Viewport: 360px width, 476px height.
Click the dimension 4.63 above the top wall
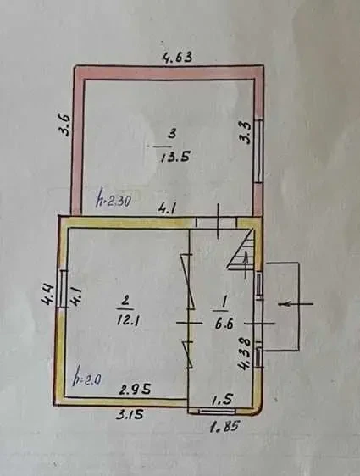pos(178,57)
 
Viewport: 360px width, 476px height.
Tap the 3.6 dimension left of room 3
pos(64,125)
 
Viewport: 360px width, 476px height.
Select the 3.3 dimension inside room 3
pos(245,132)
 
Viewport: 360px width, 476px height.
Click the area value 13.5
pos(175,157)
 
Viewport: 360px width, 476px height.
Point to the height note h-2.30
pos(114,199)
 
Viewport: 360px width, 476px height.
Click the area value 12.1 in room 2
pos(129,320)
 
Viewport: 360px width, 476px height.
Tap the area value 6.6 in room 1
pos(224,324)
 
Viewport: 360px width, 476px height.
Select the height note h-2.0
pos(86,379)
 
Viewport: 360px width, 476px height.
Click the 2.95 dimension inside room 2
pos(135,390)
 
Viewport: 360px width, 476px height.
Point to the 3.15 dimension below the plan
pos(129,414)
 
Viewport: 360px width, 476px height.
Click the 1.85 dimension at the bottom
pos(224,426)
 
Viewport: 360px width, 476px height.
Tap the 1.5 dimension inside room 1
pos(222,400)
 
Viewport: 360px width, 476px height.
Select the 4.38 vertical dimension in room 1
pos(245,355)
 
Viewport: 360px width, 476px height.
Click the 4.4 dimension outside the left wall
pos(48,295)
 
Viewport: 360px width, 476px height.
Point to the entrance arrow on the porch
pos(295,303)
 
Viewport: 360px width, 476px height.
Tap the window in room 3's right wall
pos(258,151)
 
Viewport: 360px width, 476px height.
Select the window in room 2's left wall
pos(62,289)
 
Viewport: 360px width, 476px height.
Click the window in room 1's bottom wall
pos(218,411)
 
